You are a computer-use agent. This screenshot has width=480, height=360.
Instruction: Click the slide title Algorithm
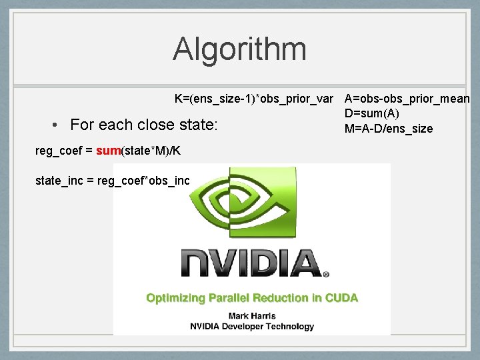pos(239,49)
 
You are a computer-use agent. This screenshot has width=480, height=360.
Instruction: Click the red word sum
pos(107,151)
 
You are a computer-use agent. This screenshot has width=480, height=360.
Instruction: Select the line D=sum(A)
pos(371,114)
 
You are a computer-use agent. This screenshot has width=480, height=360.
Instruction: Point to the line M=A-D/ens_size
pos(388,129)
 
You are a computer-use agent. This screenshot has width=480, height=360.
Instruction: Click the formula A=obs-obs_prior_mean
pos(407,99)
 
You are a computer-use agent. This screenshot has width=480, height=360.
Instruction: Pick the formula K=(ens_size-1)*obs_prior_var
pos(253,99)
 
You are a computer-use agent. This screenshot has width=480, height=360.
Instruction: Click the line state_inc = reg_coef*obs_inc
pos(112,180)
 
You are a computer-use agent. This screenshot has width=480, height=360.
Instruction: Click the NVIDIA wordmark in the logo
pos(250,263)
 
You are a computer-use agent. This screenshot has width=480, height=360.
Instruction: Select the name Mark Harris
pos(252,315)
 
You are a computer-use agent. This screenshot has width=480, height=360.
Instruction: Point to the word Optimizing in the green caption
pos(175,298)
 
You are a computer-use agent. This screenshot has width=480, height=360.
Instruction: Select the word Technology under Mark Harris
pos(290,327)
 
